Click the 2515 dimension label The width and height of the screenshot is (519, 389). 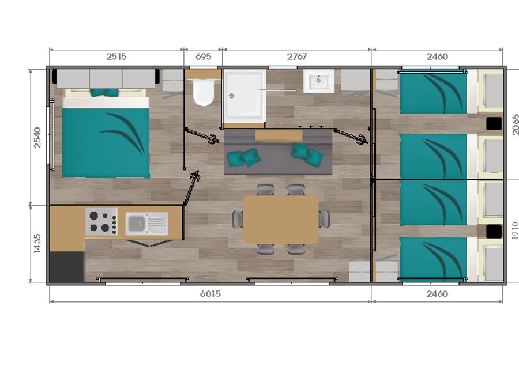pyautogui.click(x=116, y=56)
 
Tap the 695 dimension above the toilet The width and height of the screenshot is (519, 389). pyautogui.click(x=203, y=56)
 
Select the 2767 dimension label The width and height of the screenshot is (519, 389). pyautogui.click(x=297, y=56)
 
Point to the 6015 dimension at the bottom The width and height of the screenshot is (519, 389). pyautogui.click(x=210, y=294)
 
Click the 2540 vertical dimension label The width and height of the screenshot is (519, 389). pyautogui.click(x=37, y=138)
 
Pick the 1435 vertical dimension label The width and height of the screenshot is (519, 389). pyautogui.click(x=37, y=243)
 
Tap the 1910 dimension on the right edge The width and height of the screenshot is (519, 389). pyautogui.click(x=515, y=231)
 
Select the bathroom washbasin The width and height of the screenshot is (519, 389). pyautogui.click(x=319, y=81)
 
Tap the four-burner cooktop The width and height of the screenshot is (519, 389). pyautogui.click(x=101, y=222)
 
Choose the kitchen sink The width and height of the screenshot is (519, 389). pyautogui.click(x=146, y=224)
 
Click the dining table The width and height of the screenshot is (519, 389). pyautogui.click(x=281, y=220)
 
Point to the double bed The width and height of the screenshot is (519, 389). pyautogui.click(x=106, y=134)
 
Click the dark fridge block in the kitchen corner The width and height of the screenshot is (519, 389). pyautogui.click(x=66, y=267)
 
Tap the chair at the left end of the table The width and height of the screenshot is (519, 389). pyautogui.click(x=238, y=220)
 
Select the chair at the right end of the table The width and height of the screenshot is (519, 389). pyautogui.click(x=324, y=220)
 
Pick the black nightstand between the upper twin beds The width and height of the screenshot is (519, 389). pyautogui.click(x=494, y=124)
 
